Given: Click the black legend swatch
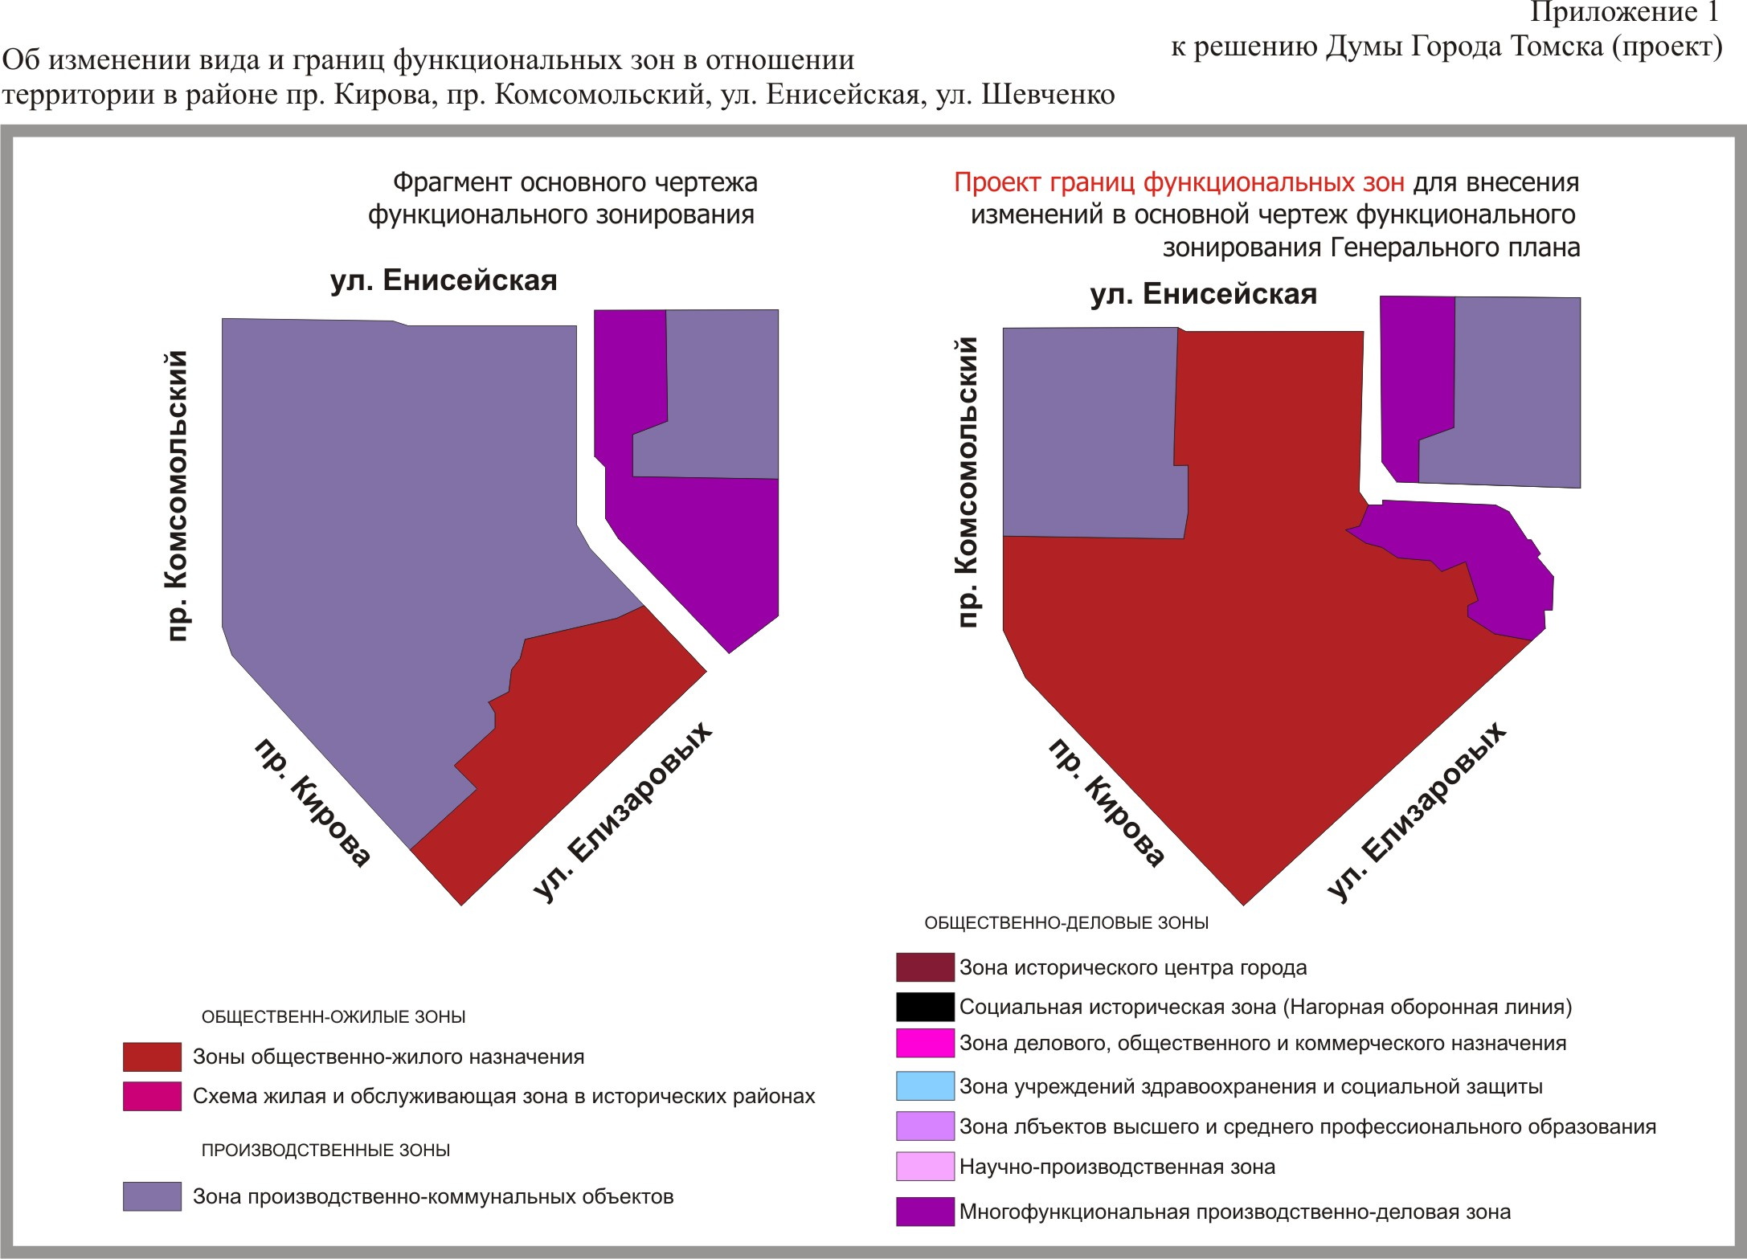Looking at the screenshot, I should coord(925,1007).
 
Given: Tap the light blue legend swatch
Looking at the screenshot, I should coord(925,1085).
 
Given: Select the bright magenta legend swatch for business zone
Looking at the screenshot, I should coord(925,1043).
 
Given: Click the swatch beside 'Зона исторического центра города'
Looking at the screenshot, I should coord(925,967).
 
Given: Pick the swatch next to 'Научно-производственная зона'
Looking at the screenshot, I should coord(925,1166).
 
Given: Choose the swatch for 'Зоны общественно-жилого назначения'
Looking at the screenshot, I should coord(152,1057).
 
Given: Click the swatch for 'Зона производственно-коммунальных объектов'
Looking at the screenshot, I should coord(152,1196).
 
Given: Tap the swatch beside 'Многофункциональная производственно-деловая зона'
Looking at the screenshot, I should coord(925,1212).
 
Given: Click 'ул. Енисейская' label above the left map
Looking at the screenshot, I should coord(444,280).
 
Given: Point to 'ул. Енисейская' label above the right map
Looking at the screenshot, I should coord(1203,294).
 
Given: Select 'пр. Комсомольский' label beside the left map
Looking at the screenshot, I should coord(177,496).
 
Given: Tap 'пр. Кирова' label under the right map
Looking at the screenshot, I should coord(1107,803).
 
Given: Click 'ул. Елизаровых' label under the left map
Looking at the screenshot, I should coord(624,811).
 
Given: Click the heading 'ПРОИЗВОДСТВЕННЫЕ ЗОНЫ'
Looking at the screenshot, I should coord(325,1150).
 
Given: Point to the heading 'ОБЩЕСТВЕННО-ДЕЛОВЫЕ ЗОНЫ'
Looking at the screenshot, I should coord(1066,923).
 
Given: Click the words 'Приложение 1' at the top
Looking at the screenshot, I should coord(1623,13).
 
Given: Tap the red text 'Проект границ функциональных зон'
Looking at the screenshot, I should coord(1179,183).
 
